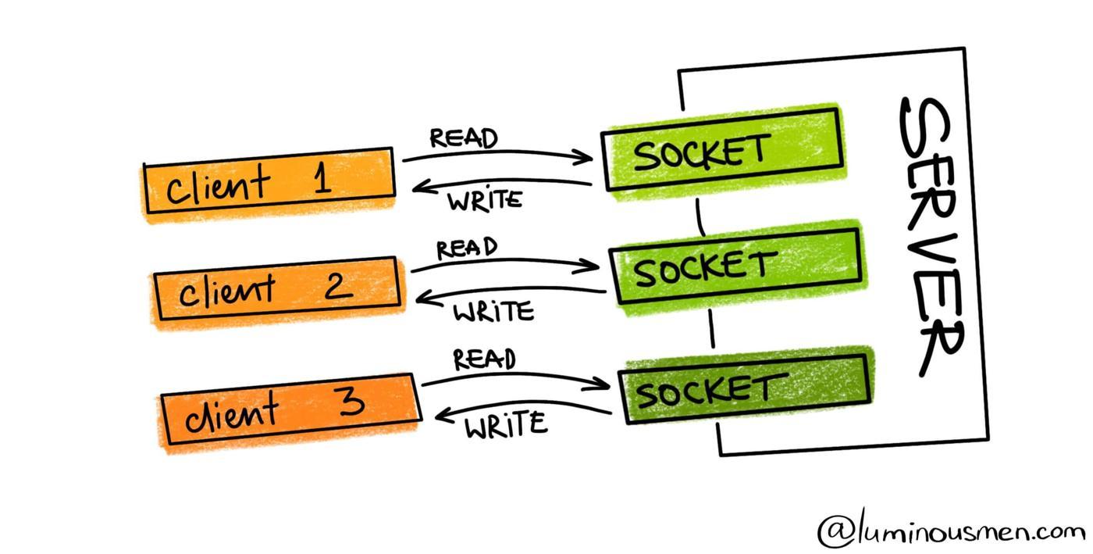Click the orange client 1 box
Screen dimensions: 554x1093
click(x=268, y=183)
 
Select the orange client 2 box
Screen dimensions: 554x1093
click(x=278, y=288)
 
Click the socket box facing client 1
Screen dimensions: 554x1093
click(x=722, y=148)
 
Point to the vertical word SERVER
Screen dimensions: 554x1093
click(x=933, y=234)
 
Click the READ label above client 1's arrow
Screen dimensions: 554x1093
click(x=464, y=138)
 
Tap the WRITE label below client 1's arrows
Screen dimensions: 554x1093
click(x=485, y=200)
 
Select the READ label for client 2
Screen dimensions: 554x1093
click(x=467, y=248)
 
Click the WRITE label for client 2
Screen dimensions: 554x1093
click(x=493, y=313)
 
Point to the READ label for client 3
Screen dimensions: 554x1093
click(x=484, y=359)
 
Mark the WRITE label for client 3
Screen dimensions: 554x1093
click(x=506, y=426)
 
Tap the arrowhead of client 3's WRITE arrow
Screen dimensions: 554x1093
click(x=442, y=414)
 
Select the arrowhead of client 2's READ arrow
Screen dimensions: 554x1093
click(x=593, y=266)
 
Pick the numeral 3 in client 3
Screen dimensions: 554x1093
click(x=351, y=402)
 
